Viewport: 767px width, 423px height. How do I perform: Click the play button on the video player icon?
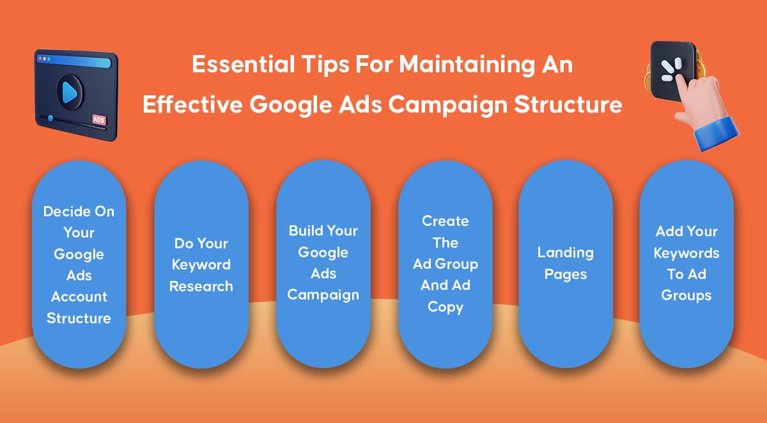(70, 92)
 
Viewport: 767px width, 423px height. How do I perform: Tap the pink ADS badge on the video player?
(99, 120)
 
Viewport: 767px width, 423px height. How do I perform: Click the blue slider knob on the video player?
(50, 118)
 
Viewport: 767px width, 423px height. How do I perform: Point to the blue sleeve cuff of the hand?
(717, 134)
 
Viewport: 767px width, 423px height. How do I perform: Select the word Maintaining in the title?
(467, 65)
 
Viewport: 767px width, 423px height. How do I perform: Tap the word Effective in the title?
(192, 104)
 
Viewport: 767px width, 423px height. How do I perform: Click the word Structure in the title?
(568, 104)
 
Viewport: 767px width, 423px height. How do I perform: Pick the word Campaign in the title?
(447, 105)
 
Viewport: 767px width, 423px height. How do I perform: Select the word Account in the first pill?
(79, 296)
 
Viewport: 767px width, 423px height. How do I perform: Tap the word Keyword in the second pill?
(201, 265)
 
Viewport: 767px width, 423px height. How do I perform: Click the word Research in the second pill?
(201, 286)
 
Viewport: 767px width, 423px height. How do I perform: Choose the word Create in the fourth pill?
(445, 221)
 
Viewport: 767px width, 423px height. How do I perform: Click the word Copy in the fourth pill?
(445, 307)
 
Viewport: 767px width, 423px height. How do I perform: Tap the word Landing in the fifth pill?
(565, 253)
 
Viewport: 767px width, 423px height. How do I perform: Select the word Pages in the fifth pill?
(565, 275)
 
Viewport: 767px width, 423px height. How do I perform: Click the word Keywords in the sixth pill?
(686, 253)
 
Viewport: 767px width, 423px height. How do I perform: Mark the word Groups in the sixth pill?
(686, 296)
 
